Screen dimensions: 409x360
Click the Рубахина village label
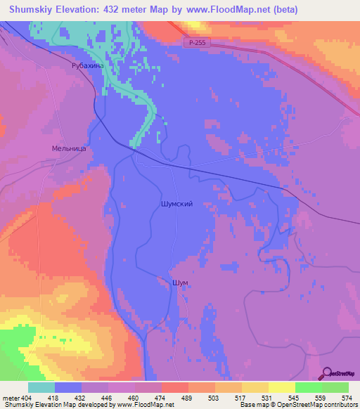(x=87, y=65)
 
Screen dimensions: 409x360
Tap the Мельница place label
(x=68, y=149)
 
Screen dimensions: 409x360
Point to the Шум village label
(x=180, y=282)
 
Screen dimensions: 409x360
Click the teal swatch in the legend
(x=41, y=388)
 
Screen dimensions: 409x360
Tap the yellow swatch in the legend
(x=282, y=388)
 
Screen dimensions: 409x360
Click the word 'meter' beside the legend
(x=9, y=398)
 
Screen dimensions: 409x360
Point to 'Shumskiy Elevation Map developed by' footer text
(x=56, y=405)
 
